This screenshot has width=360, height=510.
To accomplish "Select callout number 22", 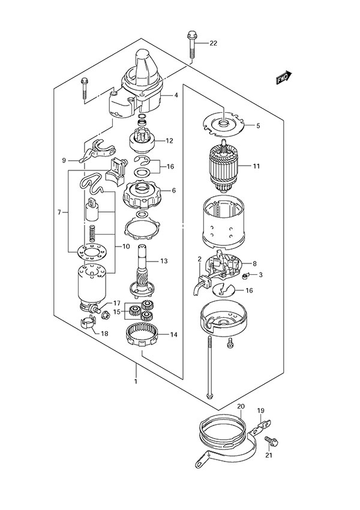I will coord(213,43).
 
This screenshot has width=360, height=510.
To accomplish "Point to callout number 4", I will coord(176,95).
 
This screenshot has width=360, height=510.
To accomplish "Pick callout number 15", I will coord(118,311).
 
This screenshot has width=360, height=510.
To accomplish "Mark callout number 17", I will coord(118,303).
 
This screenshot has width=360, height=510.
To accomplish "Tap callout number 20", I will coord(241,406).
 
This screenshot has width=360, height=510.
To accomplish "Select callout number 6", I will coord(173,190).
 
